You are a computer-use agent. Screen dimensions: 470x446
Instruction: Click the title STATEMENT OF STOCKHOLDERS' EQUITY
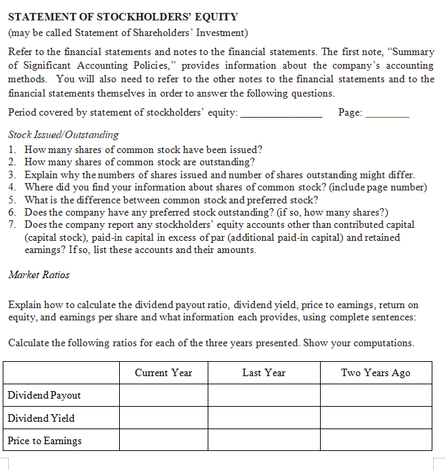pos(123,17)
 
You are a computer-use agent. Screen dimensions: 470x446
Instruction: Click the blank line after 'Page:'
pos(387,114)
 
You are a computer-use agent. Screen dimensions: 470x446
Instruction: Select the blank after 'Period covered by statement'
pos(282,114)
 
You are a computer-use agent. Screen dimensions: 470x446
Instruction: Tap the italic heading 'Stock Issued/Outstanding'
pos(63,135)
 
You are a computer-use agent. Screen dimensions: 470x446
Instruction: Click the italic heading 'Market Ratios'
pos(39,275)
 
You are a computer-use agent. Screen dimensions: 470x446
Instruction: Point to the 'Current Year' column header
pos(163,373)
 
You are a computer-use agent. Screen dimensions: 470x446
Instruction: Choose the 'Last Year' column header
pos(264,373)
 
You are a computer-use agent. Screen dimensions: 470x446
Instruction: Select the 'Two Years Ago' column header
pos(376,373)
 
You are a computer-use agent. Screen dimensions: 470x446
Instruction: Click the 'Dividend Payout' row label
pos(44,395)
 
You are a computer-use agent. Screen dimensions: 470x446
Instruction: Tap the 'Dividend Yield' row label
pos(41,418)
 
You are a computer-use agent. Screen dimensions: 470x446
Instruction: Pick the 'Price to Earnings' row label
pos(44,440)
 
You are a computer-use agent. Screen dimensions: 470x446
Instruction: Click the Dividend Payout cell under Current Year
pos(163,395)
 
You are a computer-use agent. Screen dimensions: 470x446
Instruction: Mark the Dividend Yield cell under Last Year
pos(264,418)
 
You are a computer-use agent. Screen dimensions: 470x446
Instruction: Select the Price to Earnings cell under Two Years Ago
pos(376,440)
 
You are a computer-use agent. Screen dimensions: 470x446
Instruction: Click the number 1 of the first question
pos(12,150)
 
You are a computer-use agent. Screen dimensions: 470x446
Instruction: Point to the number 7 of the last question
pos(12,224)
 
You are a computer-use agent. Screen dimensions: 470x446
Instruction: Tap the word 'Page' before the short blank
pos(350,112)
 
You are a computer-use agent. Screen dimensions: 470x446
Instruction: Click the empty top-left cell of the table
pos(61,373)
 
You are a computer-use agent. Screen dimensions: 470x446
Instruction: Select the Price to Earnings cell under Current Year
pos(163,440)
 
